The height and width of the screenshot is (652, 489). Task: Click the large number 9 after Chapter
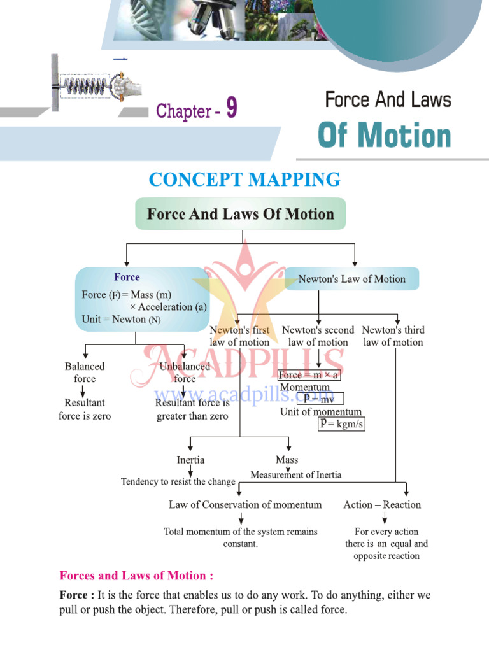point(231,109)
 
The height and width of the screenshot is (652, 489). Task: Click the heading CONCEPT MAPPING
point(244,180)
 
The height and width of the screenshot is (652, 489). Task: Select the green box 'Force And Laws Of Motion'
point(240,214)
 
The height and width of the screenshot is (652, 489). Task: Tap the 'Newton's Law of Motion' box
point(351,279)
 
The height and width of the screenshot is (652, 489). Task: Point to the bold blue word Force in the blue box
point(127,277)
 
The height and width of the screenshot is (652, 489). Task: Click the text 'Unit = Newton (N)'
point(121,320)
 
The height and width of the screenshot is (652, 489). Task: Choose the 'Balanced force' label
point(84,372)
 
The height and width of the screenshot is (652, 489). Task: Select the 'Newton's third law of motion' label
point(393,336)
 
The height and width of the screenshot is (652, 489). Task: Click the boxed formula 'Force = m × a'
point(309,375)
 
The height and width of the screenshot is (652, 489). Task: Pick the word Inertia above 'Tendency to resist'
point(190,460)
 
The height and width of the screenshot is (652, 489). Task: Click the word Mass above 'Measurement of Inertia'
point(287,460)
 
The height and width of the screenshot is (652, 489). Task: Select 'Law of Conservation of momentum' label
point(245,505)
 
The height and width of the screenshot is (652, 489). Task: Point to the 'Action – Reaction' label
point(382,505)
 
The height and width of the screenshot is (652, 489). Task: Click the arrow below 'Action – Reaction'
point(384,518)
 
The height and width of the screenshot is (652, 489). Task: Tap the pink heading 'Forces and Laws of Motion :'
point(136,576)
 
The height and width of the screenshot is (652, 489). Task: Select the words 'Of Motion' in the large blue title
point(384,136)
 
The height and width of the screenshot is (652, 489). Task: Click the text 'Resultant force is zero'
point(85,409)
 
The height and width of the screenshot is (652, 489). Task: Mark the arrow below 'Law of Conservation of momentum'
point(241,518)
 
